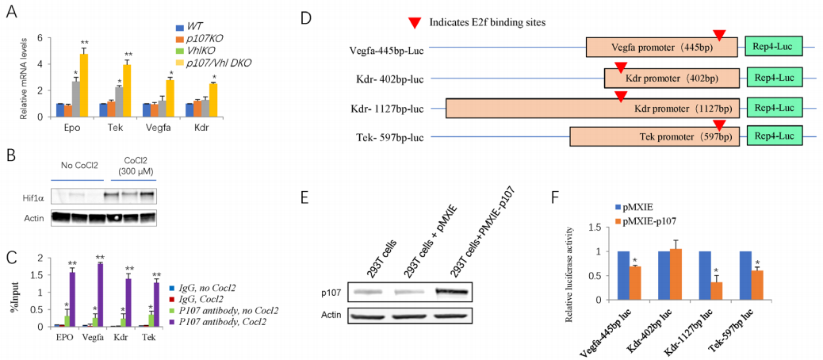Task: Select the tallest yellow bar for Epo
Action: (x=83, y=80)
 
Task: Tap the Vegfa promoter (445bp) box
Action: (x=663, y=48)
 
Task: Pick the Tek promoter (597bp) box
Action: (x=663, y=136)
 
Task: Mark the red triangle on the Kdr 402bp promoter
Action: (x=621, y=69)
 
